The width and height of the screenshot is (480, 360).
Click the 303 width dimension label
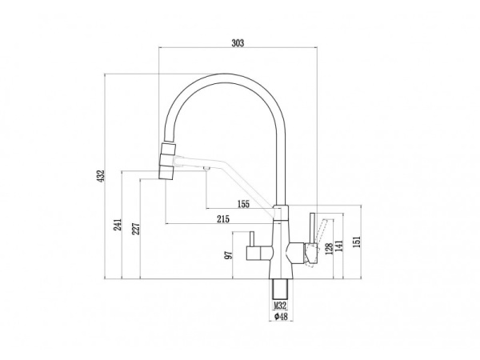click(238, 43)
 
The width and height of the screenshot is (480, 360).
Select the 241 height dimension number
click(118, 224)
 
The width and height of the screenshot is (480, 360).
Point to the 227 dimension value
click(136, 229)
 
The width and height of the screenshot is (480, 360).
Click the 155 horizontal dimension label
click(243, 204)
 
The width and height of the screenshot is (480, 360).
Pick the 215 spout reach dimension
click(223, 219)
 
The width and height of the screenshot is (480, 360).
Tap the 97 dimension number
click(228, 255)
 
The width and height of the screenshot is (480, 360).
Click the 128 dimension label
click(329, 249)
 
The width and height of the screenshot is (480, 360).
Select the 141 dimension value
click(339, 246)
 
